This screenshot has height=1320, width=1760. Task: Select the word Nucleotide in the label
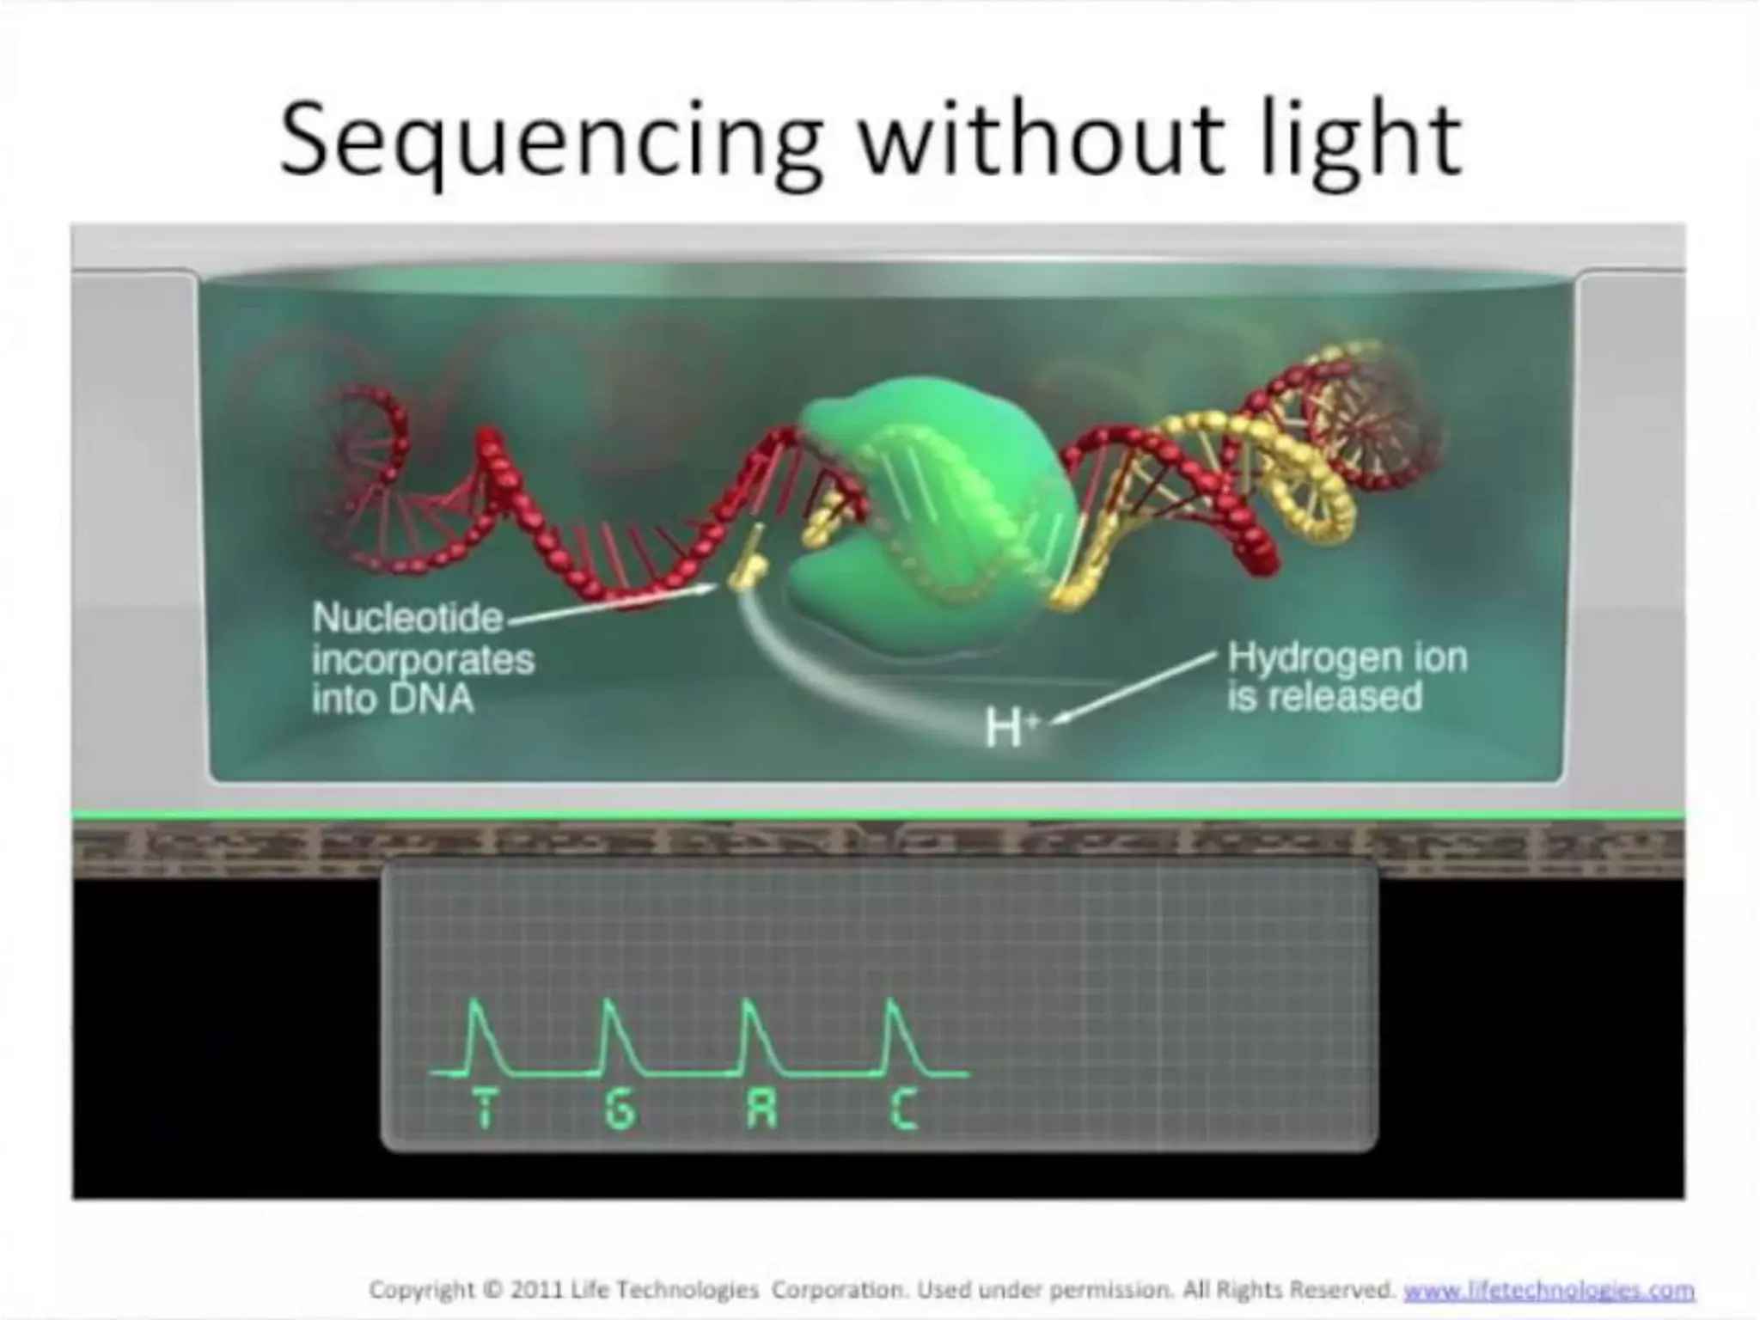coord(407,618)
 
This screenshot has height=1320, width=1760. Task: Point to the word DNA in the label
coord(431,700)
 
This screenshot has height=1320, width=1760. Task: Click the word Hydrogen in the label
coord(1311,658)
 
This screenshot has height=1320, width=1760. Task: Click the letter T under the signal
coord(486,1108)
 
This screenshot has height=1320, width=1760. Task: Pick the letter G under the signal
coord(620,1109)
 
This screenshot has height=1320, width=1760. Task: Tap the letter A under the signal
coord(761,1109)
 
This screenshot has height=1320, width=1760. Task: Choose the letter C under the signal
coord(902,1109)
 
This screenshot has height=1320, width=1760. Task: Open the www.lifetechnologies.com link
coord(1549,1291)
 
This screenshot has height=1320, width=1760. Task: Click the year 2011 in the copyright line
coord(538,1291)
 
